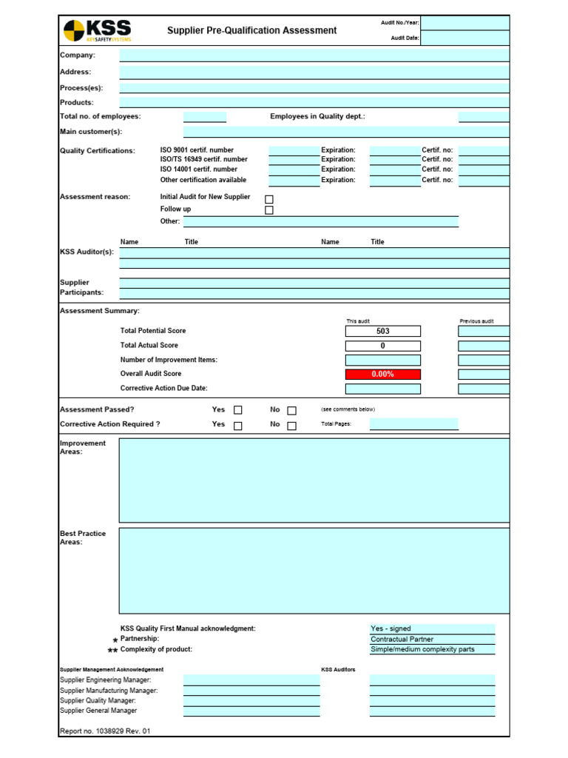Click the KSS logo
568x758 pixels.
point(97,30)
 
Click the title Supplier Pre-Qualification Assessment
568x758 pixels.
point(251,30)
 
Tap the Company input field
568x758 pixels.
point(314,55)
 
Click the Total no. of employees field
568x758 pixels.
point(205,117)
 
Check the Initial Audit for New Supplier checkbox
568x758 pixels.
point(269,199)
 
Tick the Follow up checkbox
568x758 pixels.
point(269,210)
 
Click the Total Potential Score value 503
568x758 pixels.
point(382,331)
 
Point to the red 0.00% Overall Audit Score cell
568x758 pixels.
point(382,375)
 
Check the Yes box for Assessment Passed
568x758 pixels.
point(238,410)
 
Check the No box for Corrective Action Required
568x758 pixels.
point(291,426)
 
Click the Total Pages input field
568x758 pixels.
point(413,424)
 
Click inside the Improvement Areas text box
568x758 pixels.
point(314,480)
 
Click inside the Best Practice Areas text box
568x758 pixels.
point(314,571)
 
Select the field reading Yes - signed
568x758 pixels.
point(432,629)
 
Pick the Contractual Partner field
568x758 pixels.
point(432,640)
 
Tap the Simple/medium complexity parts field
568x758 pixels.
point(432,650)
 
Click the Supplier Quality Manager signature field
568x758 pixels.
point(251,700)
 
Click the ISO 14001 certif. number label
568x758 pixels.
point(199,170)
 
